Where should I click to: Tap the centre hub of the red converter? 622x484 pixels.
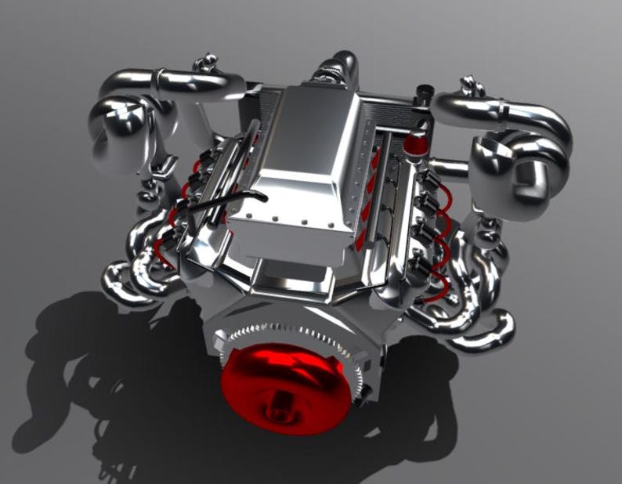pyautogui.click(x=278, y=410)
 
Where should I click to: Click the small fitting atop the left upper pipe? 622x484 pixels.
pyautogui.click(x=208, y=63)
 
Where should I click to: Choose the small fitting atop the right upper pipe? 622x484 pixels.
pyautogui.click(x=470, y=85)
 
